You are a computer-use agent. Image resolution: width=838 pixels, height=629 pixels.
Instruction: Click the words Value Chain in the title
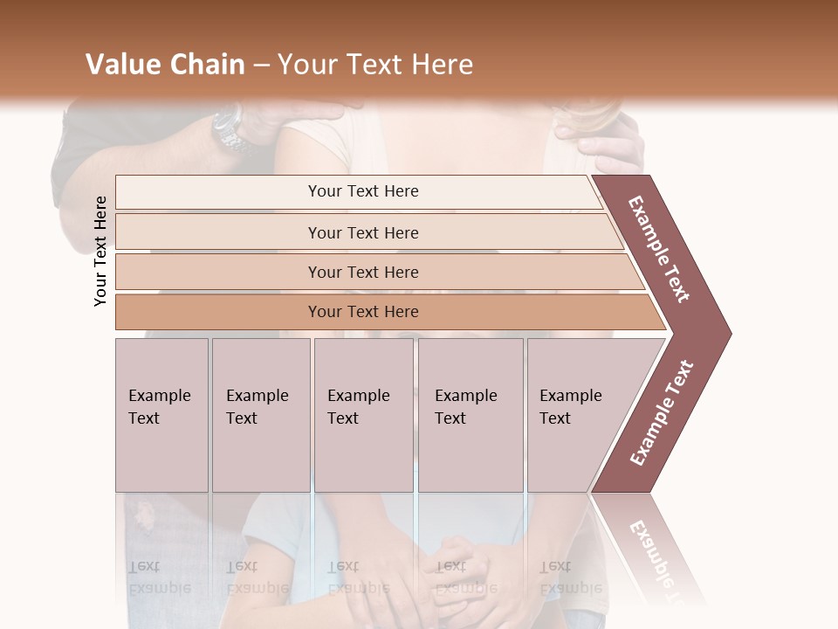click(x=165, y=65)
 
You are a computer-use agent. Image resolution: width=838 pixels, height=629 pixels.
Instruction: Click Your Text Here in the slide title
click(x=375, y=65)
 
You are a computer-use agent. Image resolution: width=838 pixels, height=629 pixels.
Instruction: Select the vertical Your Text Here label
click(x=100, y=251)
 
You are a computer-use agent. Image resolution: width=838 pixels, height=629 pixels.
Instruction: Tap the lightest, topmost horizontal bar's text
click(x=363, y=191)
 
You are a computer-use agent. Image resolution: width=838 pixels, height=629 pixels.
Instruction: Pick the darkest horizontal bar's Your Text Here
click(x=363, y=312)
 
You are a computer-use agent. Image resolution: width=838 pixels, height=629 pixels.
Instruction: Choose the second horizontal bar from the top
click(x=363, y=232)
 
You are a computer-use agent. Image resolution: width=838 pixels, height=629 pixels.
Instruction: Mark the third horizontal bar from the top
click(x=363, y=273)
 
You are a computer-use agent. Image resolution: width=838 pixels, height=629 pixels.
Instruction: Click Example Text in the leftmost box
click(x=159, y=407)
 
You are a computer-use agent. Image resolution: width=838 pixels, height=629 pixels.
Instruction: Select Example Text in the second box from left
click(x=257, y=407)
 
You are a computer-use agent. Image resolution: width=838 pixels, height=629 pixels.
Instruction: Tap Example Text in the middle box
click(x=358, y=407)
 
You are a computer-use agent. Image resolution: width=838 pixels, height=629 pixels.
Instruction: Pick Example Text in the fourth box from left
click(x=465, y=407)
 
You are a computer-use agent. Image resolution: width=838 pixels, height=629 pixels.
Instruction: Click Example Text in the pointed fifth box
click(x=570, y=407)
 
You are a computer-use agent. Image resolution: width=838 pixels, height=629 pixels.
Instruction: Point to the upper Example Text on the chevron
click(x=659, y=249)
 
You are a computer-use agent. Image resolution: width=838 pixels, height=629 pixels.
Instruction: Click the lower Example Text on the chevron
click(x=661, y=412)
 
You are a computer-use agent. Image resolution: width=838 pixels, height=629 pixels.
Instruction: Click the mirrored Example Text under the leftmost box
click(x=159, y=577)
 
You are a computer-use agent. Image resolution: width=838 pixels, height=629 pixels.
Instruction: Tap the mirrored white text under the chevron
click(x=656, y=559)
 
